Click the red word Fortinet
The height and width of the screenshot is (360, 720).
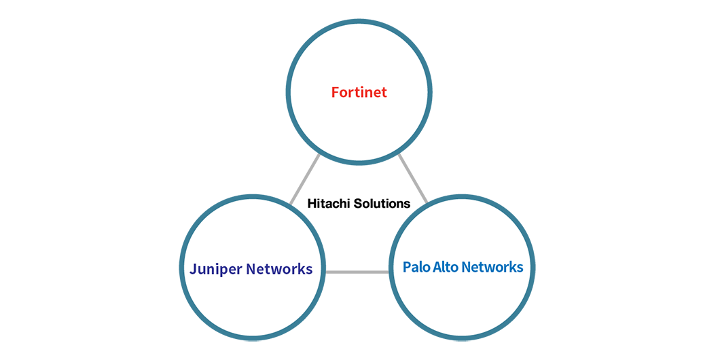pyautogui.click(x=359, y=92)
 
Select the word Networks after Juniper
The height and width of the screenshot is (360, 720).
pyautogui.click(x=278, y=269)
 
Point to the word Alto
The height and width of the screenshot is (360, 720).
pyautogui.click(x=446, y=267)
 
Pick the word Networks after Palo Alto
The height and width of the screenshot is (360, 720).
pyautogui.click(x=492, y=267)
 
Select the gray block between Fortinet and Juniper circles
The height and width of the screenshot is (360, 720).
pyautogui.click(x=301, y=178)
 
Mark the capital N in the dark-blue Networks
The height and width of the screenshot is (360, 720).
pyautogui.click(x=251, y=269)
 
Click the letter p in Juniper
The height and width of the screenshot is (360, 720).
pyautogui.click(x=221, y=271)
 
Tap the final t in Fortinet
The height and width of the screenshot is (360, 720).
pyautogui.click(x=384, y=93)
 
